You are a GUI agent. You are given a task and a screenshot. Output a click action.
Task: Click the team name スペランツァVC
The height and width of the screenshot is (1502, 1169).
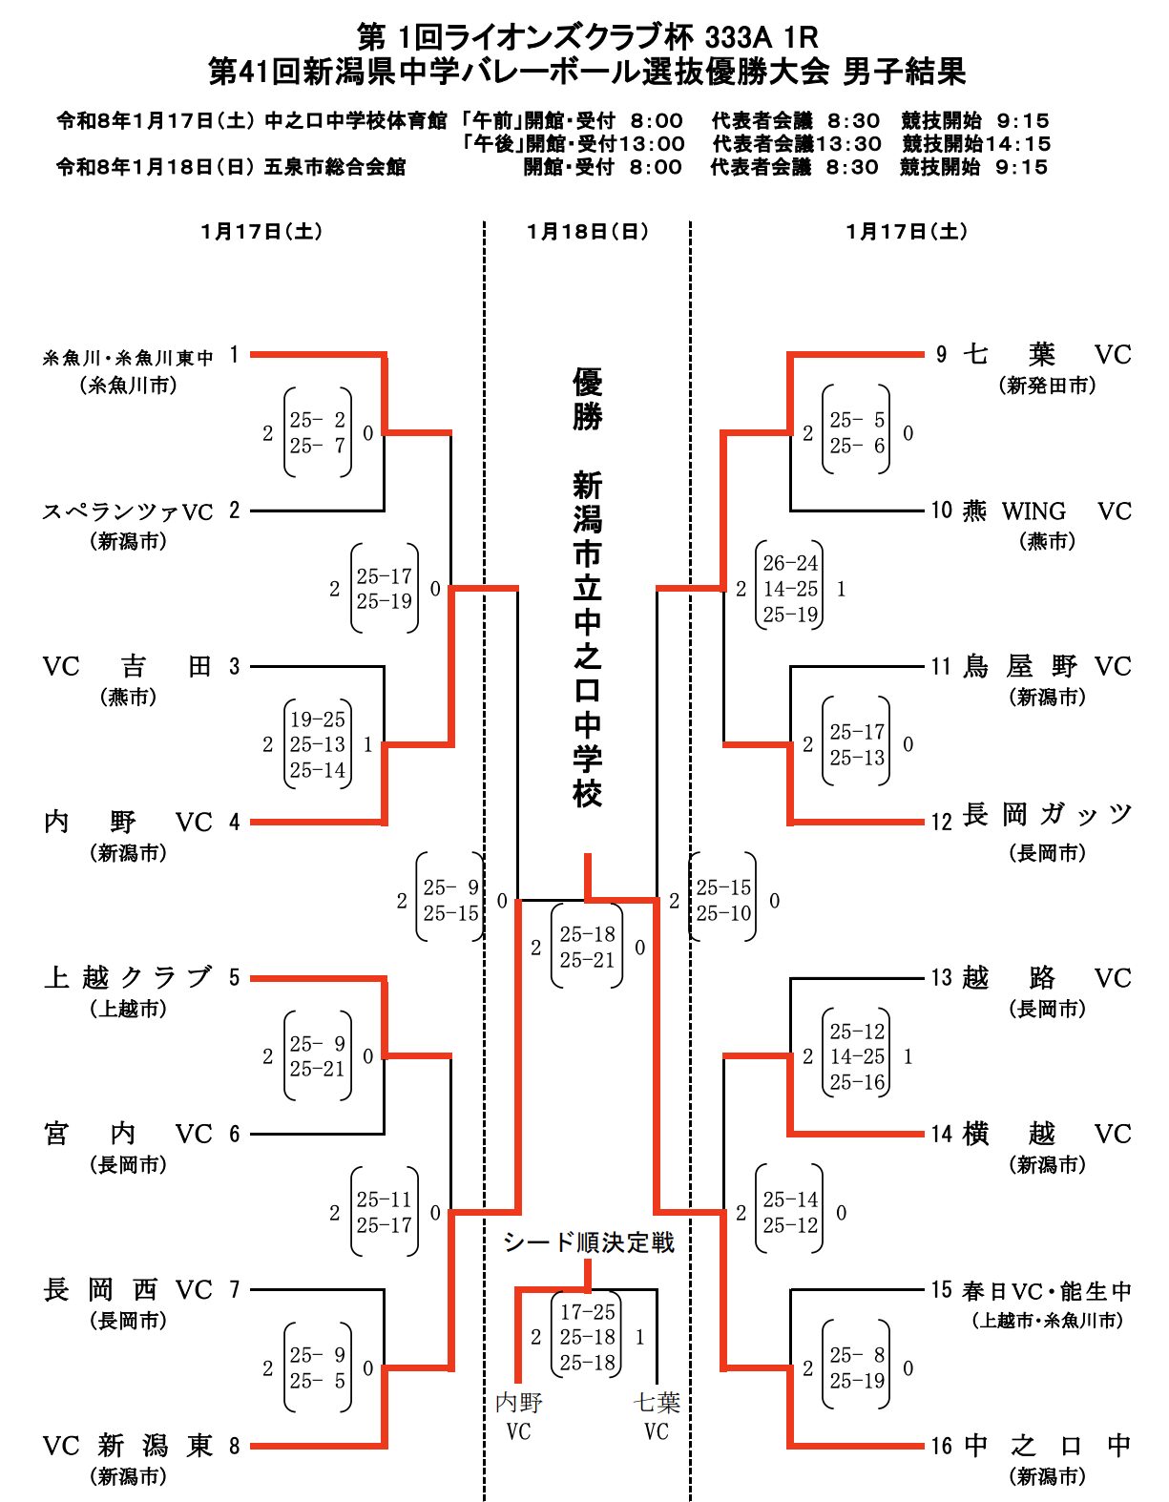(127, 511)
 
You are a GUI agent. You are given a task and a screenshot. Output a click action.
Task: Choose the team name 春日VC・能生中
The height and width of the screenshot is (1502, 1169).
(1047, 1291)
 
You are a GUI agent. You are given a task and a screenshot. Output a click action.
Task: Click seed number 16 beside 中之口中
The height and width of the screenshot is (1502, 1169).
(942, 1447)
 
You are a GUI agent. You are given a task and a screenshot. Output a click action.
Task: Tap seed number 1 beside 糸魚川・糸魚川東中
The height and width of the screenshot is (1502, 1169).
(234, 355)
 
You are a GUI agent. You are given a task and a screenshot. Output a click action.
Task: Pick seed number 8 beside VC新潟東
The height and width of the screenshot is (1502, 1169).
(234, 1447)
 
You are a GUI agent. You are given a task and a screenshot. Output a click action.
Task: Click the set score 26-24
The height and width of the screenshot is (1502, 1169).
(790, 564)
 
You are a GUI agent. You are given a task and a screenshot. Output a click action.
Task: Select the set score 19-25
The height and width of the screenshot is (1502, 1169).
(318, 720)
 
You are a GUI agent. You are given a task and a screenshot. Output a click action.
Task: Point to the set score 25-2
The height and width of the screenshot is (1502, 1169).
(318, 420)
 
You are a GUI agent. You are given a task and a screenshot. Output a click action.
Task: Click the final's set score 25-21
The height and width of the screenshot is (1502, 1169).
(587, 961)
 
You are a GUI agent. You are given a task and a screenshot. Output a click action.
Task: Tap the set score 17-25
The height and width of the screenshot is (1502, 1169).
(587, 1312)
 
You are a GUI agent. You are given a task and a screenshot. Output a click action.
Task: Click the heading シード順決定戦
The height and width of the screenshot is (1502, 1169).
(588, 1242)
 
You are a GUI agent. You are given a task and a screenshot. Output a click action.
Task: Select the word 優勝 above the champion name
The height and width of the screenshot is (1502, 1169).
(587, 401)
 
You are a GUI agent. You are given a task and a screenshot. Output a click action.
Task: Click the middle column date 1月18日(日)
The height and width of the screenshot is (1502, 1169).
(587, 232)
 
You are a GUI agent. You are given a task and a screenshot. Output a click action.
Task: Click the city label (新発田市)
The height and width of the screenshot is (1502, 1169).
(1047, 386)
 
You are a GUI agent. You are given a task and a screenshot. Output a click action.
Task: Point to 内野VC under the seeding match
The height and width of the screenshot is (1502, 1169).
(518, 1416)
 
